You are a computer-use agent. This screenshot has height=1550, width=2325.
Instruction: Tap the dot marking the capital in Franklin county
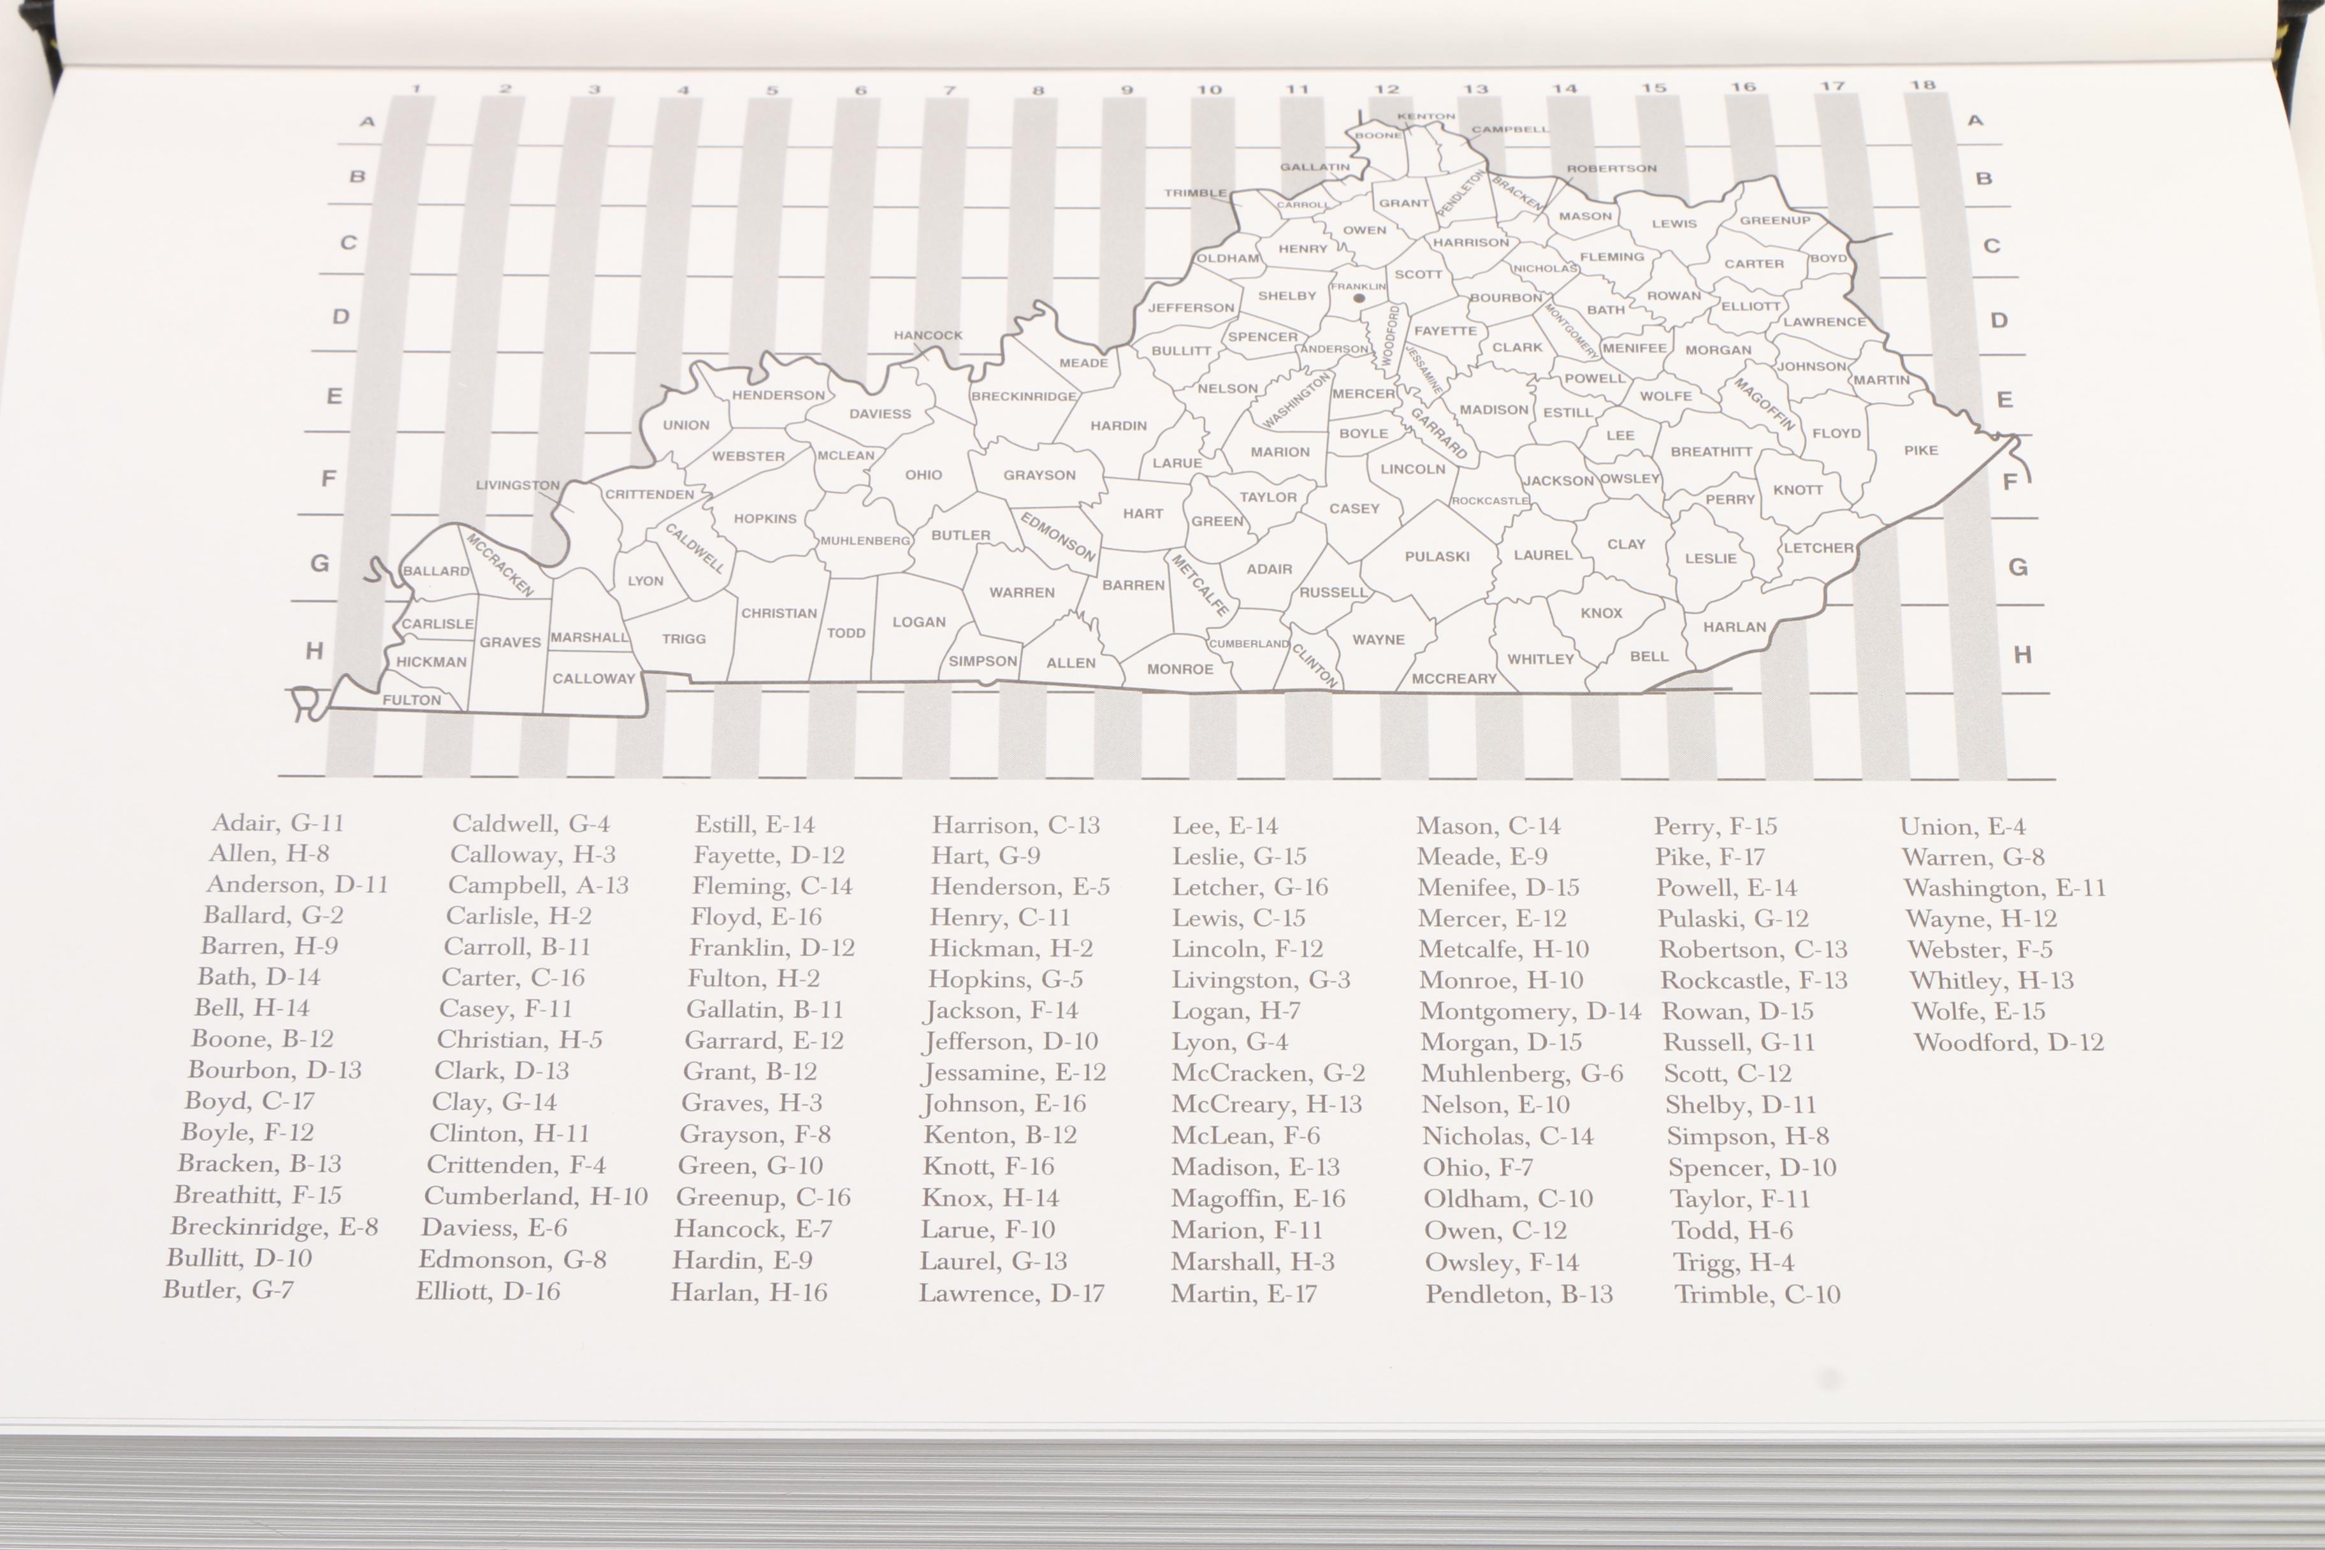click(1359, 298)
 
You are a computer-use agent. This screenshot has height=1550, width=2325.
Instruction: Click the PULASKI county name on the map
click(1437, 556)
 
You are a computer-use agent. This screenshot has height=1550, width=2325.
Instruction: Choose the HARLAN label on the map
click(1734, 627)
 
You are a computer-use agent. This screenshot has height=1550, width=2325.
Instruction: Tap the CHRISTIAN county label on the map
click(779, 613)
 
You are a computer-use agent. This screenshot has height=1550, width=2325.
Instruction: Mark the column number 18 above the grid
click(1922, 85)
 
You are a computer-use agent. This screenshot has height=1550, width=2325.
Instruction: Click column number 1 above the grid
click(416, 89)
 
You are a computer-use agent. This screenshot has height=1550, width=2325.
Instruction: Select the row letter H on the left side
click(314, 651)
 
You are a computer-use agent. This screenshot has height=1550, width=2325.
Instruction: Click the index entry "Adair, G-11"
click(278, 822)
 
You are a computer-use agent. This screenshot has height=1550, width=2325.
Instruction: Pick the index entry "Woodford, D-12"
click(2008, 1042)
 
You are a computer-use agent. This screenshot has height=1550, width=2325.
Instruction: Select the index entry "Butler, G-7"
click(228, 1289)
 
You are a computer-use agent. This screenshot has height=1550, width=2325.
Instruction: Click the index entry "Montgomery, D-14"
click(1529, 1011)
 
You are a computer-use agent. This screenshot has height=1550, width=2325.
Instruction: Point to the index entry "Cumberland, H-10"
click(536, 1196)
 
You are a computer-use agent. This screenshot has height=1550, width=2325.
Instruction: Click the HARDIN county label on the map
click(1118, 426)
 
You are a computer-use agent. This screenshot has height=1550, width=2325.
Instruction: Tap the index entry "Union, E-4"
click(1962, 827)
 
